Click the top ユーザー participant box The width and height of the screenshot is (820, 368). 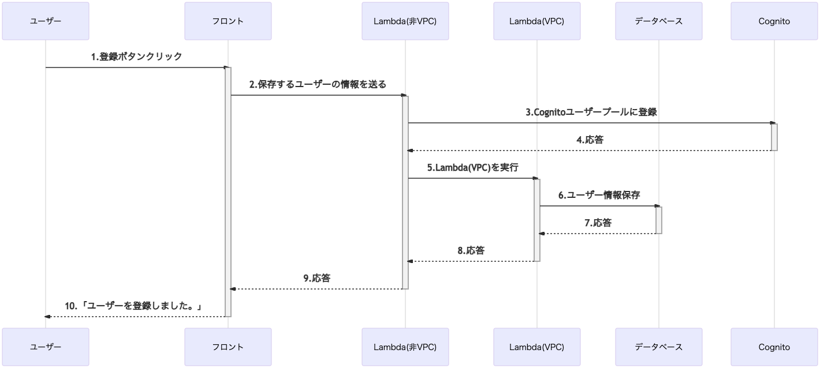pos(46,21)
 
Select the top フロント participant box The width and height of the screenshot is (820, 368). pos(228,21)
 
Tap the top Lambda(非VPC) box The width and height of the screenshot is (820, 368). pos(405,21)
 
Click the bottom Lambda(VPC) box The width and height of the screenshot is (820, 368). pos(536,347)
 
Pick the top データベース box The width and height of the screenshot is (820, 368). pos(659,21)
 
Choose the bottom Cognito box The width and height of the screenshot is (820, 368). pos(774,347)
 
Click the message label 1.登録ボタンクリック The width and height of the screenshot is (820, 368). pos(136,57)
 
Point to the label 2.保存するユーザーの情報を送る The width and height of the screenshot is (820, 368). pos(318,84)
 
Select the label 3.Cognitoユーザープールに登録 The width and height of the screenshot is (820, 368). pos(591,112)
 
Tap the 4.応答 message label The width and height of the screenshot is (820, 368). pos(590,140)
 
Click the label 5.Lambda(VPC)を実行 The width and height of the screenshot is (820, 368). pos(472,168)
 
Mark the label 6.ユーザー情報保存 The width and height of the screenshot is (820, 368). pos(599,195)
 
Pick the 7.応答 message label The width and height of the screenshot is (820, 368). pos(598,223)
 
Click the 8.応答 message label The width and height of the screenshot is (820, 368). pos(471,250)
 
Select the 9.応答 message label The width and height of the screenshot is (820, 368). pos(317,278)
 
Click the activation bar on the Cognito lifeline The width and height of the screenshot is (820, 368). pos(774,137)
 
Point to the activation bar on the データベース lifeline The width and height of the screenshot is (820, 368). pos(659,220)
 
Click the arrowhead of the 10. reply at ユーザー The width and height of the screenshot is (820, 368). pos(48,317)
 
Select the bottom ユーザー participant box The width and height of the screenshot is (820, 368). pos(46,347)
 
